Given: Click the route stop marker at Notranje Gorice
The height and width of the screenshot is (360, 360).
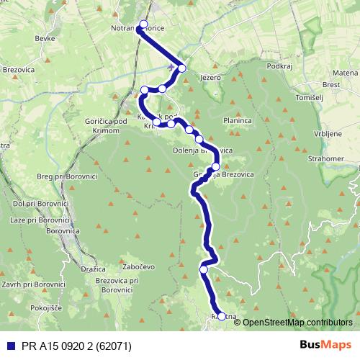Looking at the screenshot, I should [x=143, y=24].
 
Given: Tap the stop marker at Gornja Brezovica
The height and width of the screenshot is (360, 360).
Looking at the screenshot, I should [x=215, y=166].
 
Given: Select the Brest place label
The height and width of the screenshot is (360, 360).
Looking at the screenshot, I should [x=333, y=84].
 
